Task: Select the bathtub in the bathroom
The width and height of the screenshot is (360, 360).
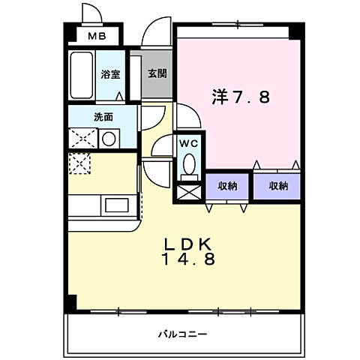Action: click(82, 75)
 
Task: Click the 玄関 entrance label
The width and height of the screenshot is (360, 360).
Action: click(156, 74)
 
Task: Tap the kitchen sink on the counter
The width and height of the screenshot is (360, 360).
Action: click(116, 204)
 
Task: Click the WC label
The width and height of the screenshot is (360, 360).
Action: click(187, 142)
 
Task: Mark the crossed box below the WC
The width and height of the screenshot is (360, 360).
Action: click(187, 191)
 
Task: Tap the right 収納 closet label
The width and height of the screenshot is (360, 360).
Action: click(277, 186)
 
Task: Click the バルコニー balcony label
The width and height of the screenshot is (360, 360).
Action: click(183, 332)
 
